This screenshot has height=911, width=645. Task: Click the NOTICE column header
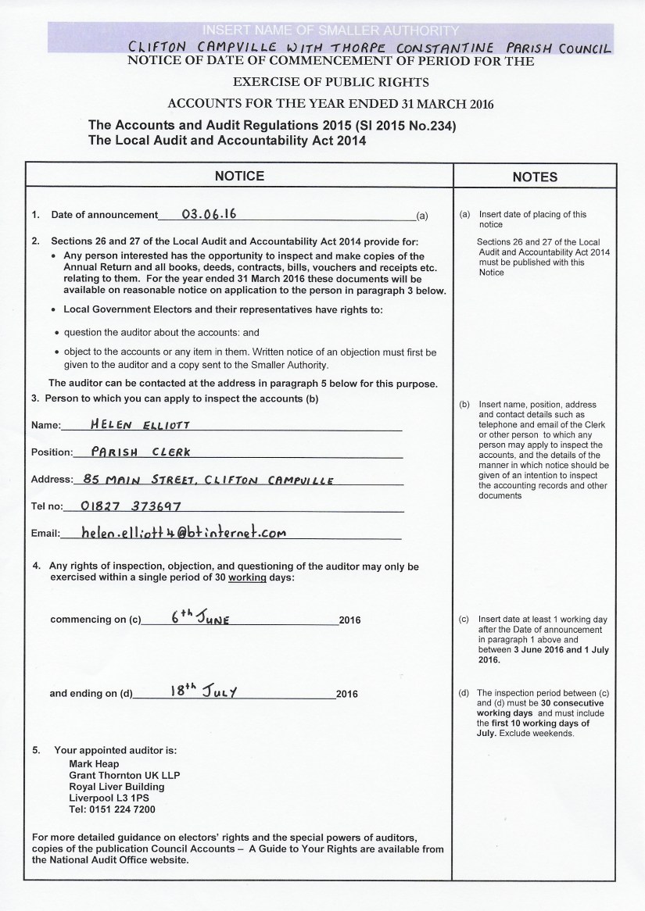(x=240, y=176)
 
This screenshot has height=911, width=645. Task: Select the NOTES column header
(x=535, y=177)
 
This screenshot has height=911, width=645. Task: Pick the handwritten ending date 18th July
(x=202, y=691)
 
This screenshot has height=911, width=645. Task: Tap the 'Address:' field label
(x=51, y=479)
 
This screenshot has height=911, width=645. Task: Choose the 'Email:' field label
(x=45, y=534)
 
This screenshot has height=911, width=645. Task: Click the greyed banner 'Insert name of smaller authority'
(x=328, y=31)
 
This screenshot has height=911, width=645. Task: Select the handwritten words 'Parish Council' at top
(x=561, y=48)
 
